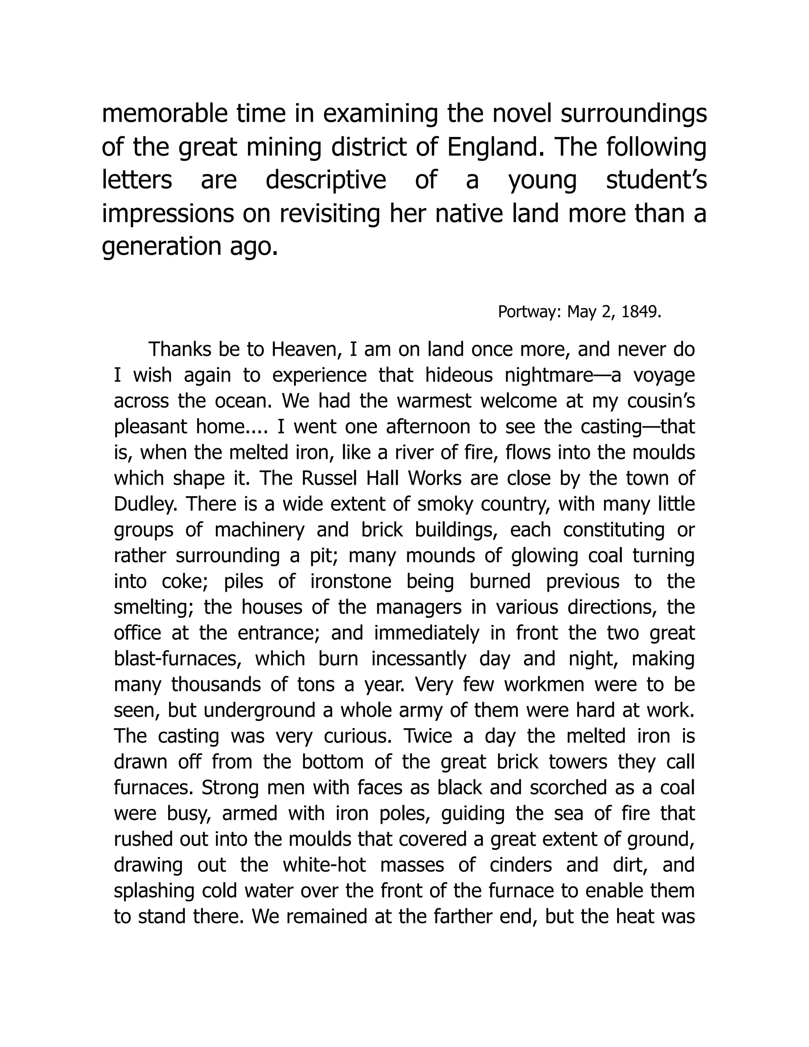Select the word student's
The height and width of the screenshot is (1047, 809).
point(656,180)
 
